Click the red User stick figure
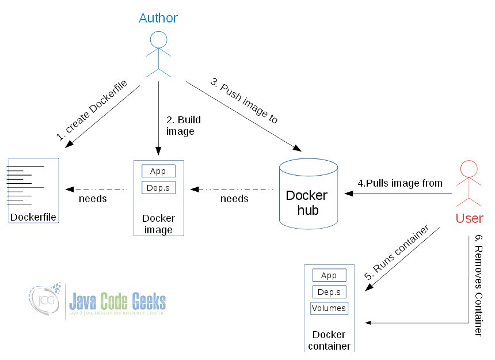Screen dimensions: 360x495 coord(469,184)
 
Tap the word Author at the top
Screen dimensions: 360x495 coord(158,18)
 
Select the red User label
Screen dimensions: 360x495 coord(469,219)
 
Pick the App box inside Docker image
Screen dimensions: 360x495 coord(158,172)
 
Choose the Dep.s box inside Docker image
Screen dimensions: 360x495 coord(158,188)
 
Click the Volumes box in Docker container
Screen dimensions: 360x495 coord(329,308)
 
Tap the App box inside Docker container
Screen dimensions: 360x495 coord(329,275)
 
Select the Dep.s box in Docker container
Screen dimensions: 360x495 coord(329,292)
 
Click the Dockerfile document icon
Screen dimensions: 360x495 coord(33,190)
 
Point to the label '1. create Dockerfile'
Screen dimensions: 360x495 coord(92,111)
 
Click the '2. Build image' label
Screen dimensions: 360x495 coord(184,126)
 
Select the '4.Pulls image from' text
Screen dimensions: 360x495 coord(400,183)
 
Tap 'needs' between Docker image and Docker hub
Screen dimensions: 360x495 coord(234,199)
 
